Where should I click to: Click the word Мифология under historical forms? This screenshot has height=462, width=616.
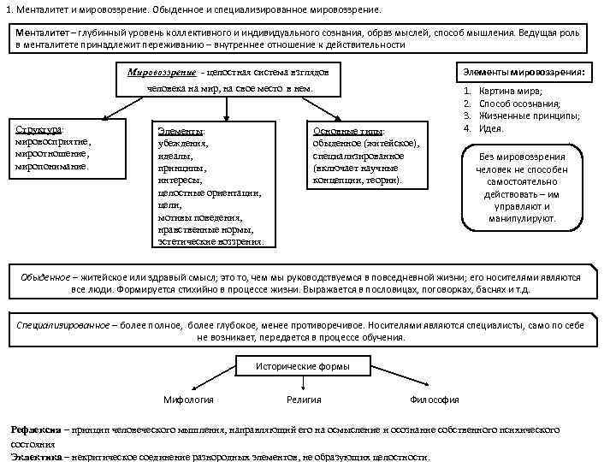[x=188, y=400]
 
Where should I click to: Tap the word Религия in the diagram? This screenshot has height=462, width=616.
[x=305, y=400]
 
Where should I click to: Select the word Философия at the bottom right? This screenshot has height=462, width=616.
[x=435, y=400]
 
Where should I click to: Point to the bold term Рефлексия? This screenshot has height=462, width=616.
[x=35, y=429]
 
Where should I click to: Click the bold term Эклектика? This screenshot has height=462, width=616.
[x=35, y=457]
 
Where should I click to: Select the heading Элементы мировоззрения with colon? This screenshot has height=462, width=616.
[x=524, y=74]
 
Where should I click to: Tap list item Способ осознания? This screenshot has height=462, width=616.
[x=521, y=104]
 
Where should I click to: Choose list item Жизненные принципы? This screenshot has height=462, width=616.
[x=529, y=115]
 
